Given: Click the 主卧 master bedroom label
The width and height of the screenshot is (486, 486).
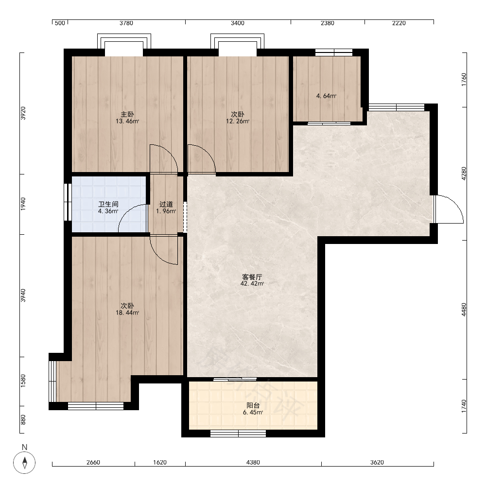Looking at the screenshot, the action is click(x=127, y=114).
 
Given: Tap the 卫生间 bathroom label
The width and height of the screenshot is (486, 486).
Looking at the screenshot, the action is click(x=108, y=204).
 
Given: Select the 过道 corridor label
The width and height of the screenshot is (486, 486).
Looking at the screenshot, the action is click(x=166, y=204).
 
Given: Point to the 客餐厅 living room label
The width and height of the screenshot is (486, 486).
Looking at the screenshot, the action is click(x=252, y=277).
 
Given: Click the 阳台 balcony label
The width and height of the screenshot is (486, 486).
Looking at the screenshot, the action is click(x=253, y=405).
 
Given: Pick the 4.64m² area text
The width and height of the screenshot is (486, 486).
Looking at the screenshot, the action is click(x=327, y=96).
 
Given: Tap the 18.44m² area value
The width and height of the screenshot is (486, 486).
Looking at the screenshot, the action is click(x=127, y=312).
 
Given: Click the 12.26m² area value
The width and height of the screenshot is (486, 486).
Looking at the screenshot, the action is click(x=238, y=121).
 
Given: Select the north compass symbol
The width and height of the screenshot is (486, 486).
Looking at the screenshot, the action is click(x=24, y=463).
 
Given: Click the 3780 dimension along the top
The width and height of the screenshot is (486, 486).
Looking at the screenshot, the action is click(x=126, y=23).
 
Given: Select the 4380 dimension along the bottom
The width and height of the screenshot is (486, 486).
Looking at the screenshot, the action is click(x=253, y=463).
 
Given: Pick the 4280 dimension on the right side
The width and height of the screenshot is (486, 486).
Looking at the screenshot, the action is click(x=464, y=174).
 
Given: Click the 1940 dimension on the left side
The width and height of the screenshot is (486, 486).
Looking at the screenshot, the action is click(x=23, y=204).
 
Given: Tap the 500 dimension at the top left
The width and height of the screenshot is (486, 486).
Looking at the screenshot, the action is click(x=60, y=23).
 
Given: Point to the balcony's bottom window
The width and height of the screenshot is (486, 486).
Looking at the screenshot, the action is click(x=238, y=434).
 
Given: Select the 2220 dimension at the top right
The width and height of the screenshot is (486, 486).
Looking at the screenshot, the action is click(x=399, y=23).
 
